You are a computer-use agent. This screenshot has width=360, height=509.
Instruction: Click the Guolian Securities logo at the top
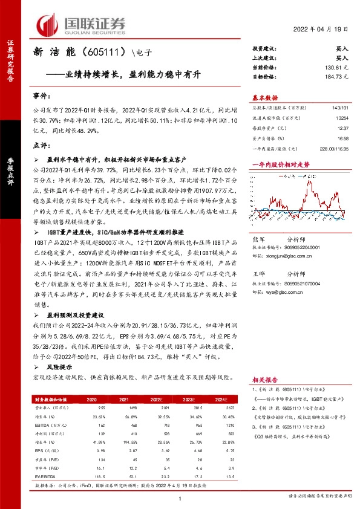(x=82, y=25)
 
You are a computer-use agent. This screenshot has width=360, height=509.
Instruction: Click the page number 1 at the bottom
(x=180, y=498)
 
